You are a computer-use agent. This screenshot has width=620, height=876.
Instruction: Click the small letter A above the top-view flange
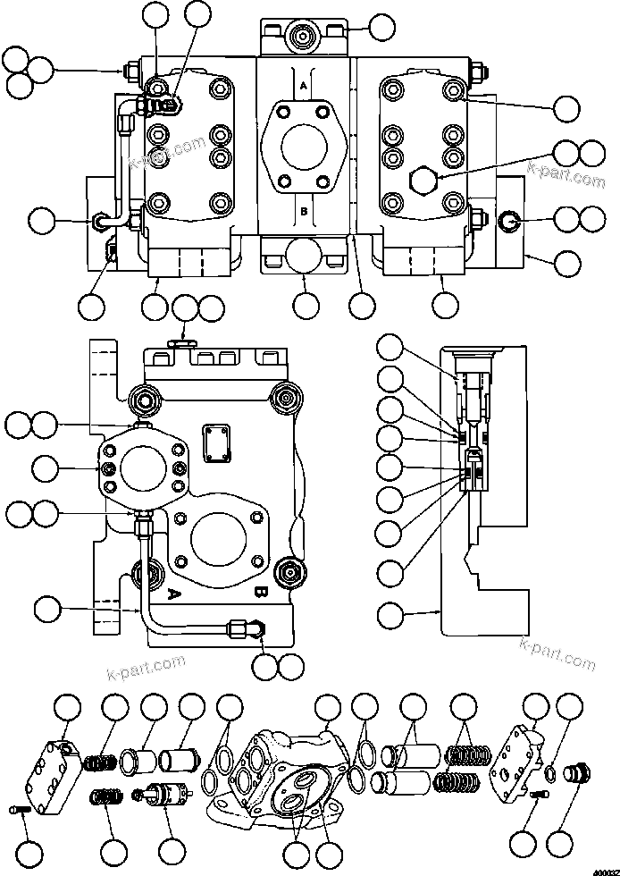click(x=304, y=84)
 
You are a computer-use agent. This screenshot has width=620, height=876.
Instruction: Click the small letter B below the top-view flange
click(x=304, y=212)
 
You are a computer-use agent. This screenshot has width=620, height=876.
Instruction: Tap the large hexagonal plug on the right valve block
click(x=422, y=180)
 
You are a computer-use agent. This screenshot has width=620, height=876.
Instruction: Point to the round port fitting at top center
click(x=304, y=38)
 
